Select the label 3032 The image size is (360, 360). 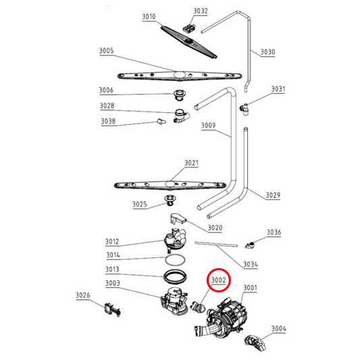(201, 11)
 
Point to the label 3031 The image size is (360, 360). (278, 89)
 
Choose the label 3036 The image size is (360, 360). (273, 232)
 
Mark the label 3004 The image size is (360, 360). (278, 329)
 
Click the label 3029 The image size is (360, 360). (273, 196)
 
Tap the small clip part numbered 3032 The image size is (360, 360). (189, 28)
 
